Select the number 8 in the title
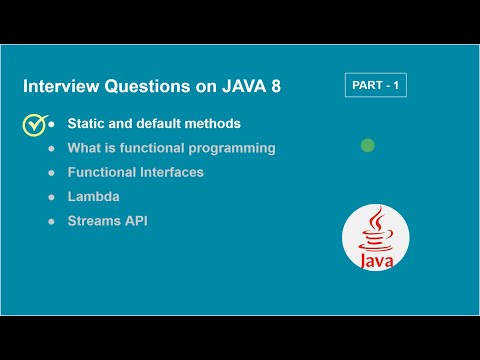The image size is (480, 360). (x=275, y=87)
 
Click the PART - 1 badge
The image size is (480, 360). (x=375, y=85)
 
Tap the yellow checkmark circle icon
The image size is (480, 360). (x=35, y=125)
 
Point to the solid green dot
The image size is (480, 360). (x=367, y=146)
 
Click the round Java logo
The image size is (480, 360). (x=375, y=237)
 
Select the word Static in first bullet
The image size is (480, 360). (x=89, y=125)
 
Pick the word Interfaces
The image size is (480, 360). (x=169, y=172)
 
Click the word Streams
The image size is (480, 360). (x=95, y=221)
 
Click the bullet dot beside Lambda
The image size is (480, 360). (x=51, y=197)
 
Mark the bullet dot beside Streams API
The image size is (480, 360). (x=51, y=221)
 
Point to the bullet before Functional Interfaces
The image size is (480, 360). (x=51, y=173)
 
